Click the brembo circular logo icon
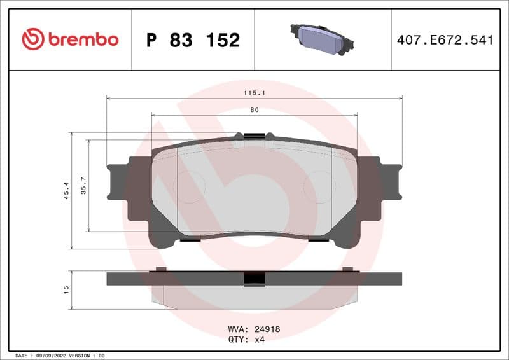pyautogui.click(x=33, y=39)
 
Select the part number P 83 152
pyautogui.click(x=193, y=40)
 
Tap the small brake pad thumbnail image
pyautogui.click(x=322, y=39)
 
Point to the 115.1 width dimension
pyautogui.click(x=254, y=93)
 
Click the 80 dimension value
pyautogui.click(x=254, y=110)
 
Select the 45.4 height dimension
pyautogui.click(x=66, y=190)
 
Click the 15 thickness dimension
pyautogui.click(x=66, y=289)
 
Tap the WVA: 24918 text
pyautogui.click(x=254, y=329)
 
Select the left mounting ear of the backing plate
pyautogui.click(x=119, y=182)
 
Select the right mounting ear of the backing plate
pyautogui.click(x=389, y=182)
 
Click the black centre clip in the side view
pyautogui.click(x=254, y=279)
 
